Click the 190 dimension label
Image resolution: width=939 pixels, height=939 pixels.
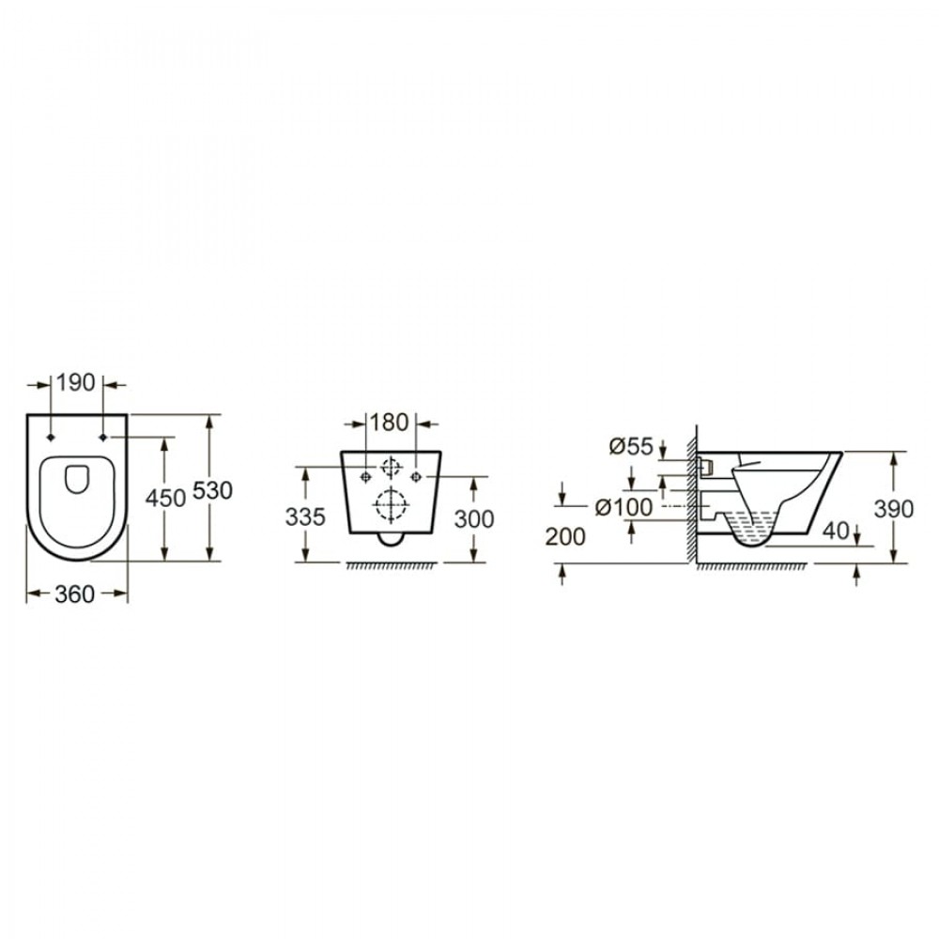click(75, 383)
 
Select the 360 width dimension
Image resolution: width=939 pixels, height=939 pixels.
click(75, 594)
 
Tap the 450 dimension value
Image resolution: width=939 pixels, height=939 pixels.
click(166, 498)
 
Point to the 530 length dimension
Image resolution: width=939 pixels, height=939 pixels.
click(212, 490)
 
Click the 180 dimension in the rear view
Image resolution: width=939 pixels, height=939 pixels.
click(390, 423)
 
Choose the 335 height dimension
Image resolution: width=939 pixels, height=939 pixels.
click(305, 516)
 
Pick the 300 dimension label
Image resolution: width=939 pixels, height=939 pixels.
click(474, 519)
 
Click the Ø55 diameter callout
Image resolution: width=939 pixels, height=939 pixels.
click(631, 446)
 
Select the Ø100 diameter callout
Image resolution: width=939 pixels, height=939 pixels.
click(624, 507)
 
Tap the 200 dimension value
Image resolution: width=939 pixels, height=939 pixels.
click(565, 537)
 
